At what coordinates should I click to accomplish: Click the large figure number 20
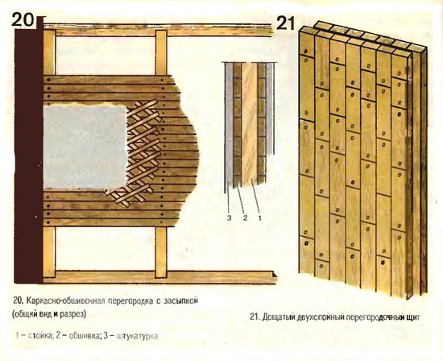coord(23,20)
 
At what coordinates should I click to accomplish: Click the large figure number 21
coord(285,23)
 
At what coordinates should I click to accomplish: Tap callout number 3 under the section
coord(229,218)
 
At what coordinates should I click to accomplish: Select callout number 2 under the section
coord(245,218)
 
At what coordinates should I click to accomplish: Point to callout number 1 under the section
coord(260,218)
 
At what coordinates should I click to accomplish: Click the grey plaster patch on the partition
coord(85,147)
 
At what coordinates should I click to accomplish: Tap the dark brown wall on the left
coord(29,150)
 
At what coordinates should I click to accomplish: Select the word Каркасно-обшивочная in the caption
coord(66,301)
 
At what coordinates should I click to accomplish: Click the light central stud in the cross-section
coord(250,123)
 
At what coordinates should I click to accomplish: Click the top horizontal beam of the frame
coord(158,30)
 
